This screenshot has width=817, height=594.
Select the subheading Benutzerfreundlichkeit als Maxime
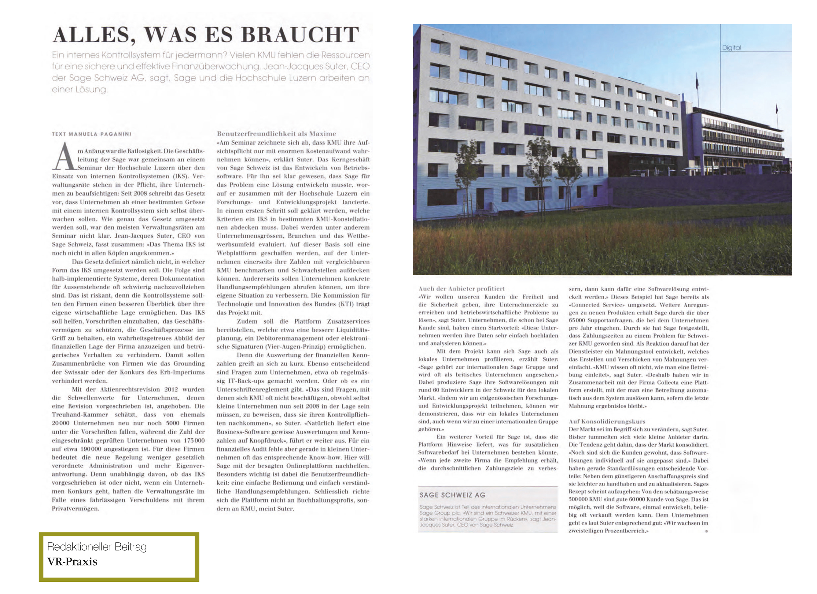point(276,134)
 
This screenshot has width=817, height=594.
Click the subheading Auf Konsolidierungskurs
point(607,421)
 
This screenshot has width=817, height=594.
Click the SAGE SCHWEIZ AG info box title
point(452,495)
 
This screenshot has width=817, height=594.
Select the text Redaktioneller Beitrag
point(97,547)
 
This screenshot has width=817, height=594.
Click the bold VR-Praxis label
point(72,562)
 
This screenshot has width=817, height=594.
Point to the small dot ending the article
point(706,531)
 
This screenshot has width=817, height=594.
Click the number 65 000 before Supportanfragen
point(577,321)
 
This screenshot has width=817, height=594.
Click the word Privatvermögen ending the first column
point(75,509)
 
